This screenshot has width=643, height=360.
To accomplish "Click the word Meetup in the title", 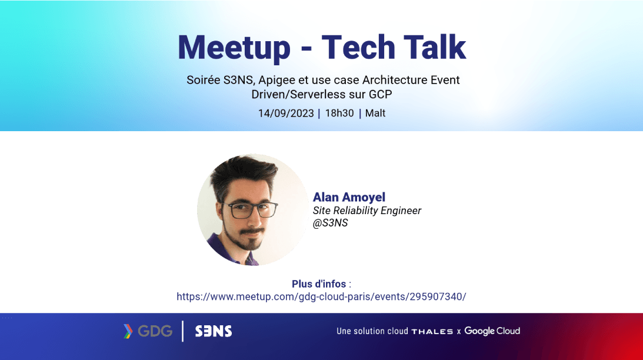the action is pos(234,48).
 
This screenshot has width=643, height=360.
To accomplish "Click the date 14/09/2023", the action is pos(286,113).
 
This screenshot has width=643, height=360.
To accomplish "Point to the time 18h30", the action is pos(339,113).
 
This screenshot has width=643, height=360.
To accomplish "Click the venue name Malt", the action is pos(375,113).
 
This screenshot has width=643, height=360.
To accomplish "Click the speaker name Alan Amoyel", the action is pos(349,197).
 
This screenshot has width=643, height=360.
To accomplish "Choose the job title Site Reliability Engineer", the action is pos(367,211).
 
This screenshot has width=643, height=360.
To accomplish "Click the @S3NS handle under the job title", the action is pos(330,223).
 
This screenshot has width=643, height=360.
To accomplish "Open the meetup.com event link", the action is pos(321,296).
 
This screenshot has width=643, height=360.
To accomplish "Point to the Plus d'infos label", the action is pos(319,284).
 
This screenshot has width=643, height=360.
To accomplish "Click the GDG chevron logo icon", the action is pos(128,331).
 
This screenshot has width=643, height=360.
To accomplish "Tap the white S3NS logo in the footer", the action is pos(213,331).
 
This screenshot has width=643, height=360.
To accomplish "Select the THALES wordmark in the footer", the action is pos(432,331).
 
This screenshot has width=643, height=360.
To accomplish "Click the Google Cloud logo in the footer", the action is pos(492,331).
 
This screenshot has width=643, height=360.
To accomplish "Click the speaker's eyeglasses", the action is pos(250,210).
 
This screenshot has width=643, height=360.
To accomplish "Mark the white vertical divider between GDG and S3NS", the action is pos(182,331).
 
